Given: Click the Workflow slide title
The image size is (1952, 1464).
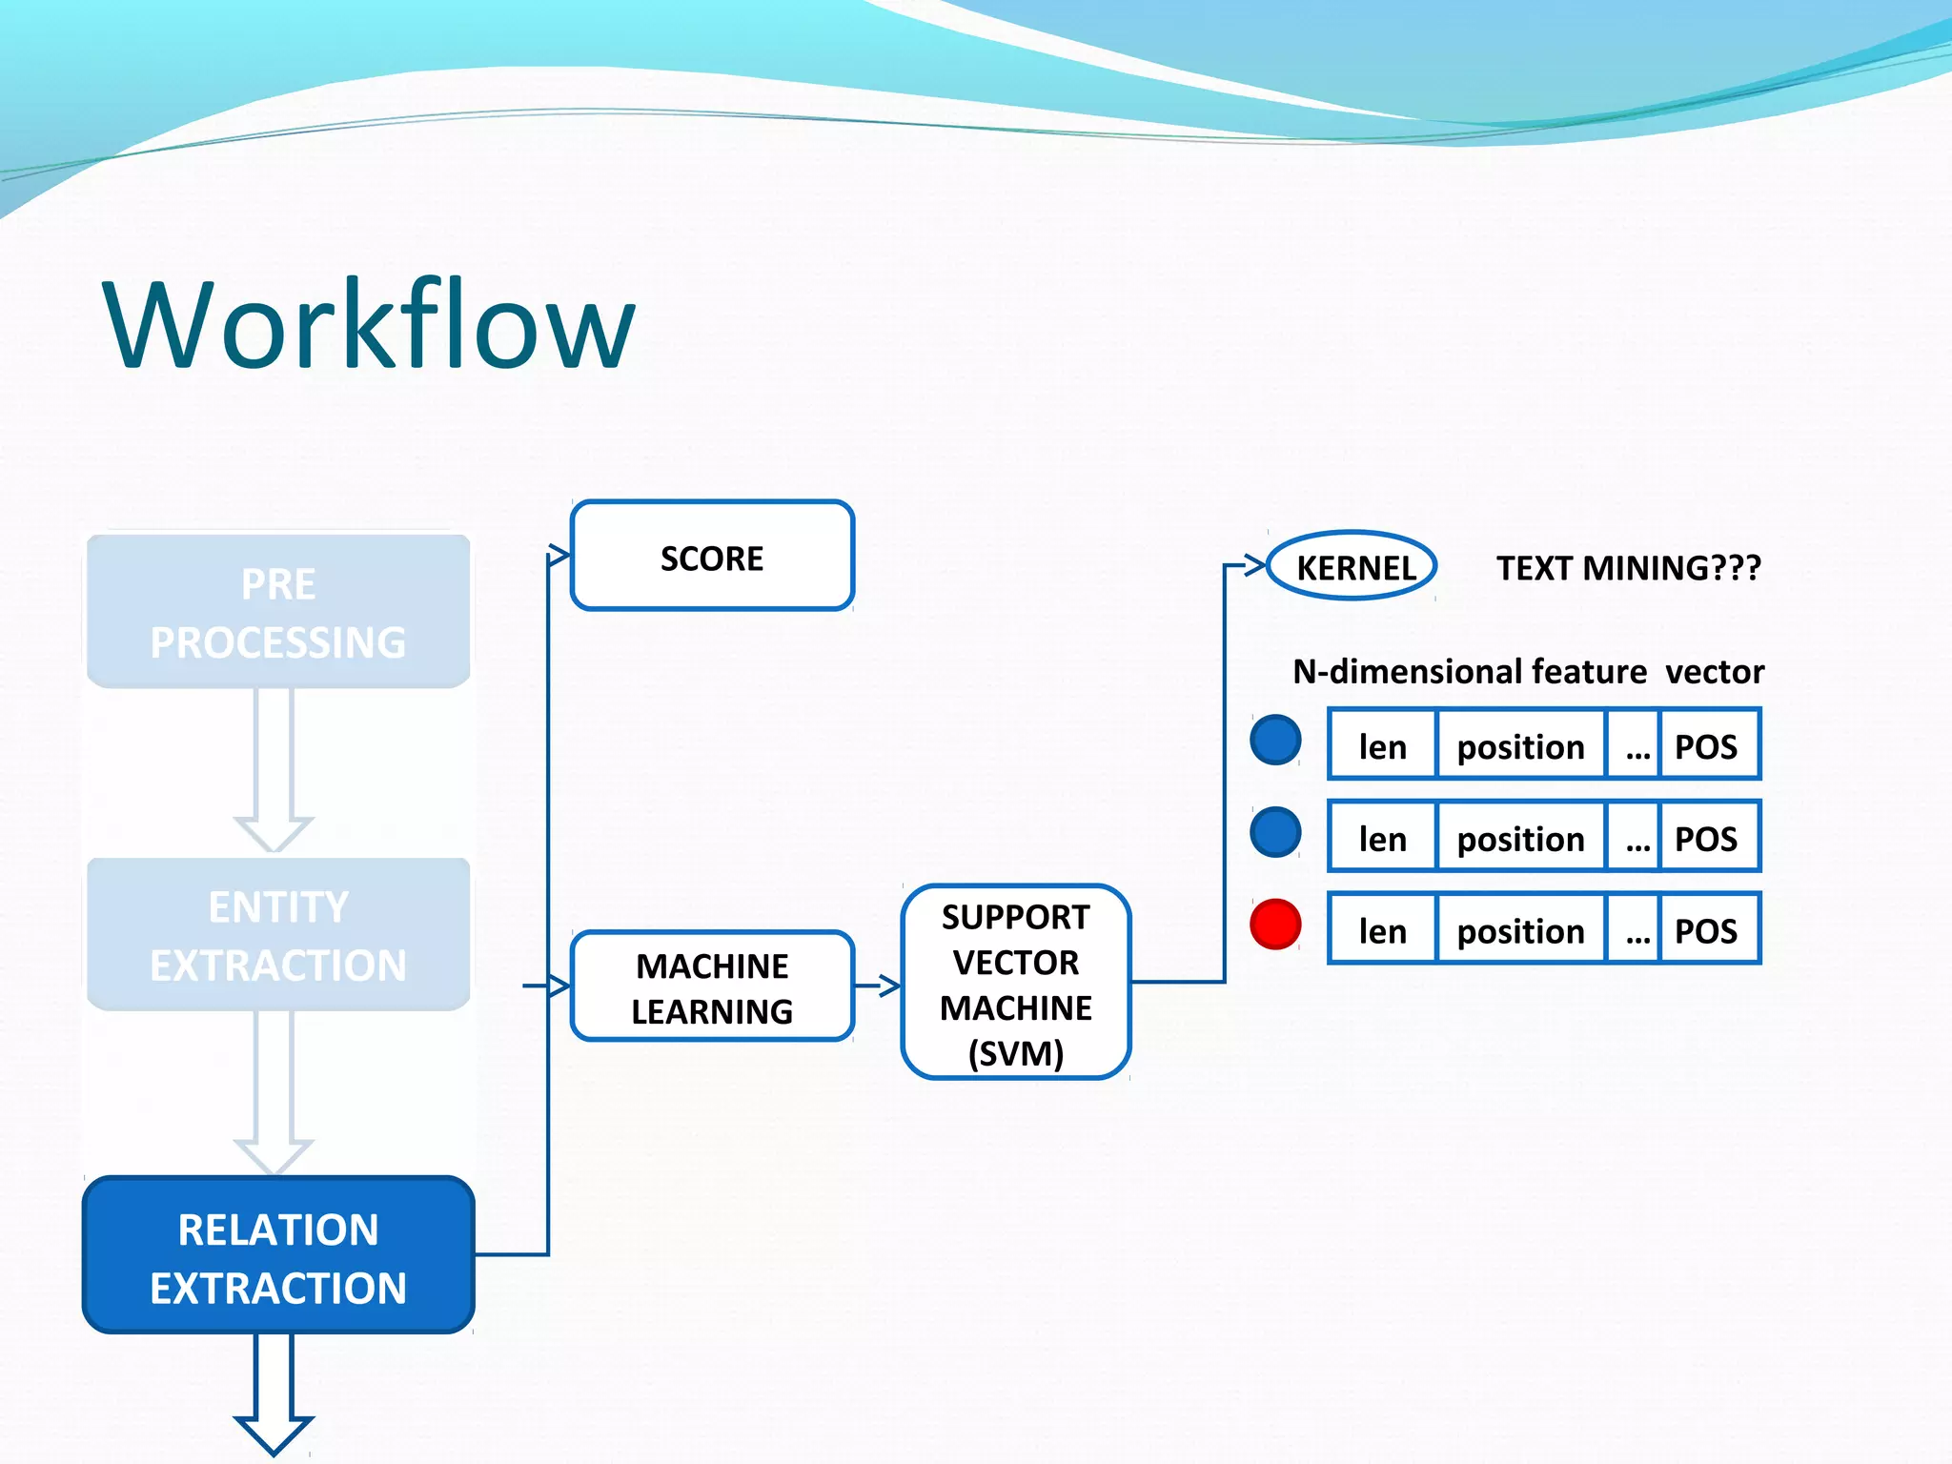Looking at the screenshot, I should (369, 324).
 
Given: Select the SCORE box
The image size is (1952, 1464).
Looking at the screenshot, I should (712, 557).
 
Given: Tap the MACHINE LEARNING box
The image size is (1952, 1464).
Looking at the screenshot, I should (712, 986).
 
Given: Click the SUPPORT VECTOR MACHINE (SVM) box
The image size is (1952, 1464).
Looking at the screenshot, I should (1015, 983).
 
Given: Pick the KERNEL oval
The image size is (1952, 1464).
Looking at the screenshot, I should (1352, 567).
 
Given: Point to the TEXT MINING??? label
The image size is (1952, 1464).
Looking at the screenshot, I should (1628, 568).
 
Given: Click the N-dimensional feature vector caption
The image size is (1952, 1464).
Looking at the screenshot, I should (1528, 672).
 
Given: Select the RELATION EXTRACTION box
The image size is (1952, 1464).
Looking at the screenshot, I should (278, 1256).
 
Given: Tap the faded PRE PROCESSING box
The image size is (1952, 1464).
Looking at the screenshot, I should (278, 612).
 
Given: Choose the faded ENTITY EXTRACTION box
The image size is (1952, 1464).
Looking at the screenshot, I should (278, 935).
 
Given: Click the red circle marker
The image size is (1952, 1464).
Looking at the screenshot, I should (1275, 925).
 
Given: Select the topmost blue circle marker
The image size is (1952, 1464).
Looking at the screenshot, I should (1275, 741).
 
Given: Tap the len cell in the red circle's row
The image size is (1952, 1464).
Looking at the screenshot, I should (1382, 930).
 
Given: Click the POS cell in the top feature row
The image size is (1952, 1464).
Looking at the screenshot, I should (1706, 745).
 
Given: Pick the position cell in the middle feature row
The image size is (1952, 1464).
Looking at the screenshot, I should (1520, 839).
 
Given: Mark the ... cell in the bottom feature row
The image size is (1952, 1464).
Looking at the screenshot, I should (1636, 932).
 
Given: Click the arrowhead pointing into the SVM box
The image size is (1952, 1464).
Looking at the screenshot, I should (888, 986).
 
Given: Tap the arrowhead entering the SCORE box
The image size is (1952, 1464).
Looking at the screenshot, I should (559, 556).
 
